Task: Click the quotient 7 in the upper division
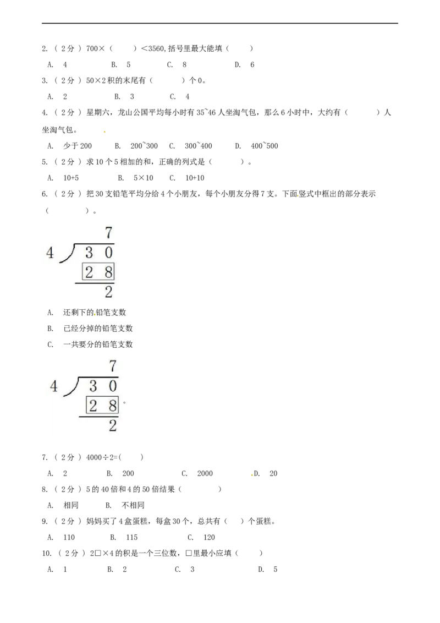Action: [108, 233]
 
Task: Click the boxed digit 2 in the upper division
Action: [89, 272]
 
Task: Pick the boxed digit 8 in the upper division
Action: [108, 272]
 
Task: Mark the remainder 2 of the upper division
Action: [108, 292]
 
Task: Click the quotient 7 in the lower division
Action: [113, 366]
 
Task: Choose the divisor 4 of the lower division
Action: [54, 387]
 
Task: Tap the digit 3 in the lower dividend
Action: [94, 386]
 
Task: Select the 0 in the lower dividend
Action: [113, 386]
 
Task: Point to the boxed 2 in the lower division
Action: [94, 406]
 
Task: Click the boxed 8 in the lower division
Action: [113, 406]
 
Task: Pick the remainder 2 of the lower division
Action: [113, 425]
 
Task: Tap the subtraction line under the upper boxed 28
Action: [95, 283]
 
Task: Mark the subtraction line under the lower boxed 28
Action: [99, 417]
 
